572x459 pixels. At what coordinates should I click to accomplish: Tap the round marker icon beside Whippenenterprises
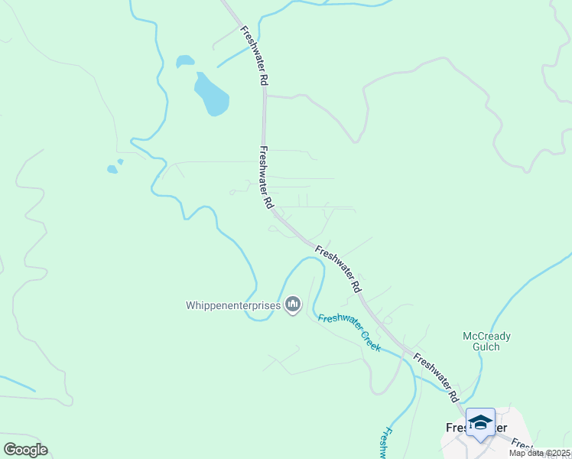[x=292, y=306]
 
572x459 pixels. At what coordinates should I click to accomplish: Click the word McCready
[x=486, y=336]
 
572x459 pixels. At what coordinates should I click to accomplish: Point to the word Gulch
[x=486, y=347]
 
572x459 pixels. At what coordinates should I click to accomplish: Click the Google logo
[x=25, y=450]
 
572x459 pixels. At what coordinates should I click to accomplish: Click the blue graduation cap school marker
[x=480, y=423]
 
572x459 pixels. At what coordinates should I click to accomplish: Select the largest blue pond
[x=212, y=95]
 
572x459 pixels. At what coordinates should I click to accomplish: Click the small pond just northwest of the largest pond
[x=184, y=60]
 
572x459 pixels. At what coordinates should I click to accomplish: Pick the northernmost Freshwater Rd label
[x=255, y=56]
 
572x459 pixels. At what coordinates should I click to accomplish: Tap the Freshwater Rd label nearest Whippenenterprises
[x=337, y=270]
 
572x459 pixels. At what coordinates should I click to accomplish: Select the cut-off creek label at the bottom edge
[x=385, y=443]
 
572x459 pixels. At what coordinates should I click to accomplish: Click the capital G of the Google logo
[x=9, y=450]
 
